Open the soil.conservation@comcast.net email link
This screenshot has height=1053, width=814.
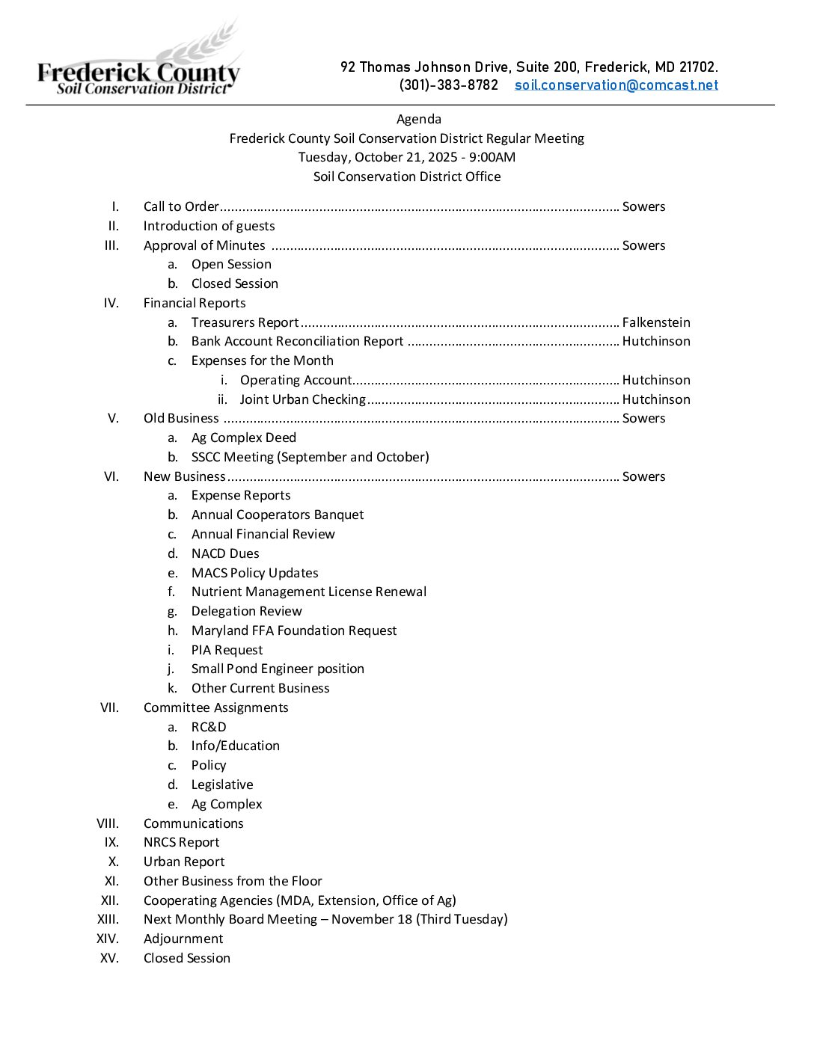616,85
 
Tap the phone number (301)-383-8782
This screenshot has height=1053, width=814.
448,85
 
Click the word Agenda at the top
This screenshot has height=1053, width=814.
418,119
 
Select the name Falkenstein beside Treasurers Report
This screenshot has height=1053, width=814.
656,322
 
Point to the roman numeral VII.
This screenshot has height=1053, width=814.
109,707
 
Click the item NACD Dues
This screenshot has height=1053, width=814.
225,553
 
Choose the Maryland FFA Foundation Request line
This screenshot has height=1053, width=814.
294,630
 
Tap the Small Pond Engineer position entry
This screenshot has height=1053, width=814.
278,669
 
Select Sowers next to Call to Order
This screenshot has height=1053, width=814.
643,206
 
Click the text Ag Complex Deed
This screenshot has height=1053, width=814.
243,438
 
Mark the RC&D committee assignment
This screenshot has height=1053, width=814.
209,727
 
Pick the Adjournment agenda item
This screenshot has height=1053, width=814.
183,939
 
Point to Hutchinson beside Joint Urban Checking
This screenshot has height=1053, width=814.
656,399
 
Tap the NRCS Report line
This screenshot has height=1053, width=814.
181,842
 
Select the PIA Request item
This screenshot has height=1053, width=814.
227,650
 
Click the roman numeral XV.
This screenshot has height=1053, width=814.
109,958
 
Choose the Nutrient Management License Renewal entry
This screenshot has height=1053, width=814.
309,592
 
